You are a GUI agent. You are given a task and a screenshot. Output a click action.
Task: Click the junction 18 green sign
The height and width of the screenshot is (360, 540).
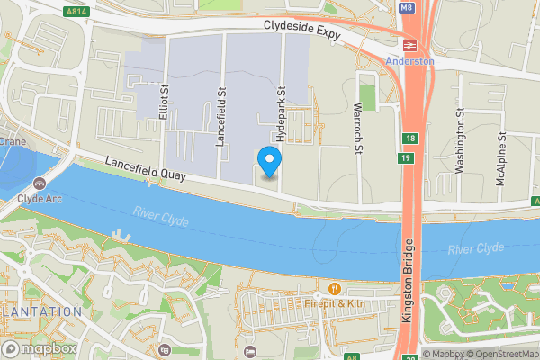click(x=410, y=139)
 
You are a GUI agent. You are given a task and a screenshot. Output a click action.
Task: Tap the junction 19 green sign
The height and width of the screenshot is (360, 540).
click(x=406, y=159)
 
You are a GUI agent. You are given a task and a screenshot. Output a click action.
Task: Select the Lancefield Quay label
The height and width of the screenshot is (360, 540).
click(x=145, y=171)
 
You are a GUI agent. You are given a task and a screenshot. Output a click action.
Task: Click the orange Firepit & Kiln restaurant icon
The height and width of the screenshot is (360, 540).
click(x=335, y=289)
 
